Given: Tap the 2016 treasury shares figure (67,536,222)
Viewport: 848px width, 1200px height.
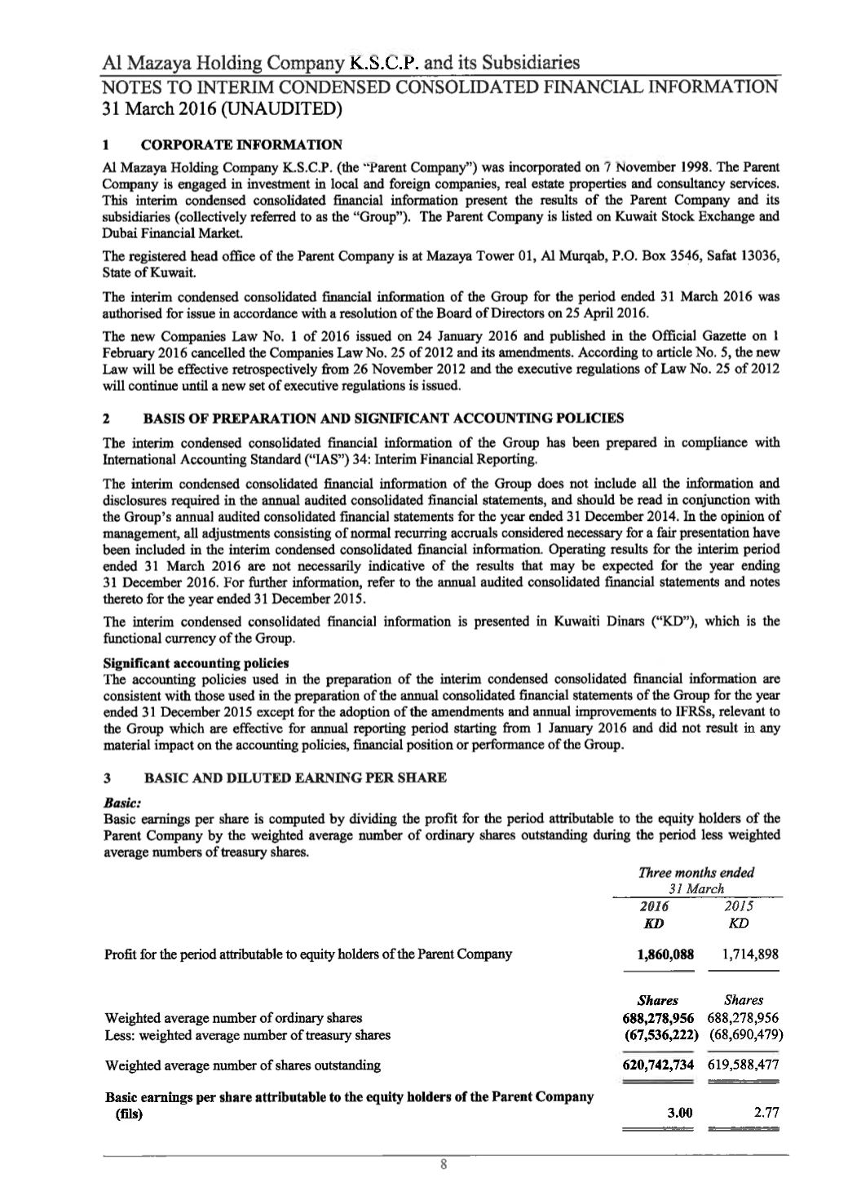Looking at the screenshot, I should click(658, 1035).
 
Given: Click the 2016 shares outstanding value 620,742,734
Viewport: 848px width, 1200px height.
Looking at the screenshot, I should click(658, 1065).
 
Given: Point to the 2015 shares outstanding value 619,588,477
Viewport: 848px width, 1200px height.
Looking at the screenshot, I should click(745, 1065).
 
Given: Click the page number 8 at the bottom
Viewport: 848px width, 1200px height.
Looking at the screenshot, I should click(443, 1164).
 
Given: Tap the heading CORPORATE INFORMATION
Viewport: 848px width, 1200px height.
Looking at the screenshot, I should click(241, 145).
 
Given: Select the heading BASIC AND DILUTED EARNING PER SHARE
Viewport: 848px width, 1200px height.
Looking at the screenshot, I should click(294, 777).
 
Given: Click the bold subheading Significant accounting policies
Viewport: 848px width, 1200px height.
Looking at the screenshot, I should click(197, 662).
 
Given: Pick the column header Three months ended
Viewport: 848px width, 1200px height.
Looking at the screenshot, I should click(696, 872).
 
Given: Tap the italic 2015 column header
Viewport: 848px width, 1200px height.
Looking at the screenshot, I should click(739, 906).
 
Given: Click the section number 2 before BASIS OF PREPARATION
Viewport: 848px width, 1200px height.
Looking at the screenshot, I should click(108, 418).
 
